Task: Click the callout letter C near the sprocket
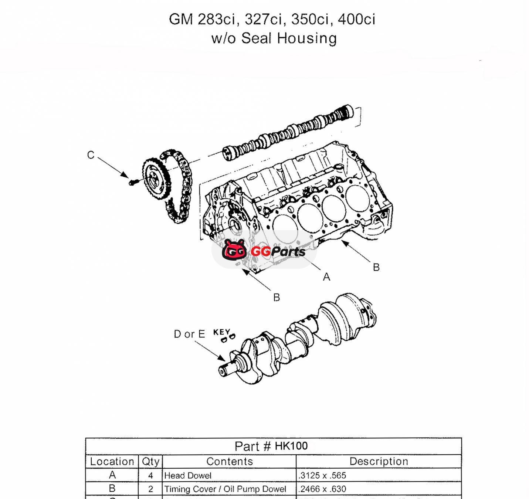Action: click(x=91, y=155)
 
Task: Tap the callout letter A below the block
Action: click(x=326, y=277)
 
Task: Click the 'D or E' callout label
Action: click(x=189, y=334)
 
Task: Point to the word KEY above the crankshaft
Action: click(x=221, y=332)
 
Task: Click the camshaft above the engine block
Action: click(x=288, y=133)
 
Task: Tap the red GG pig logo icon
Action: click(x=234, y=250)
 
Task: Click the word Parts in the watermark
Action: click(x=288, y=252)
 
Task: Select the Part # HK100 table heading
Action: click(x=271, y=446)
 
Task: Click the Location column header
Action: click(x=112, y=461)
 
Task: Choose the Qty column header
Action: click(x=150, y=461)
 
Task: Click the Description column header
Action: click(x=379, y=461)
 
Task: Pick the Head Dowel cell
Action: click(x=188, y=475)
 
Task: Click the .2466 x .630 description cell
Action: click(x=323, y=489)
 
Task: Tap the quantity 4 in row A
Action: click(x=150, y=475)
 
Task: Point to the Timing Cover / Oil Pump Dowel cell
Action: click(x=225, y=489)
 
